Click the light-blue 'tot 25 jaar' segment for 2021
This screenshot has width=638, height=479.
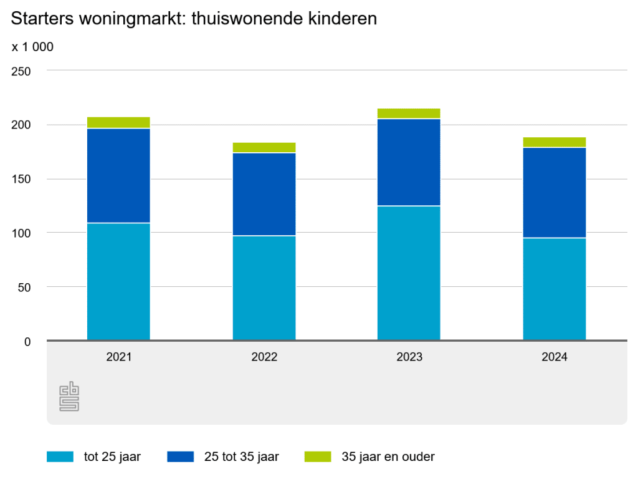pos(118,281)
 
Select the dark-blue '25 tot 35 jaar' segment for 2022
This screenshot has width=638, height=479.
pos(264,194)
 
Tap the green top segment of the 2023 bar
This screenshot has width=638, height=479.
pos(409,114)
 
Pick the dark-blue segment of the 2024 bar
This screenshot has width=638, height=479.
pos(554,192)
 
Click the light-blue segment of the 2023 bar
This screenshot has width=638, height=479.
pos(409,273)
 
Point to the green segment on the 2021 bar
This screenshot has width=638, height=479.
pos(118,122)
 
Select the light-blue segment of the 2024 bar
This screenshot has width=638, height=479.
pos(554,289)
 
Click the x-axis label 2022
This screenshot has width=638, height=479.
pos(264,357)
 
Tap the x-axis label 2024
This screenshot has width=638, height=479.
pos(554,357)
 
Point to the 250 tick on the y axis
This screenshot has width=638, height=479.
pos(21,71)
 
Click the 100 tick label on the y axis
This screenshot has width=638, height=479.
pos(21,233)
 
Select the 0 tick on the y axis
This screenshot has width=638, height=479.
pos(27,341)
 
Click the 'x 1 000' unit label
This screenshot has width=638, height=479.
pos(32,47)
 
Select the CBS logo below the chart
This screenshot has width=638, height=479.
pos(69,397)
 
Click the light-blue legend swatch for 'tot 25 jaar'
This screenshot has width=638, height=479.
pos(59,457)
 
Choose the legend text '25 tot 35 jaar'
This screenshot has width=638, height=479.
pos(241,457)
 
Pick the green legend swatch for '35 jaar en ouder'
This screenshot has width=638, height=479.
pos(318,457)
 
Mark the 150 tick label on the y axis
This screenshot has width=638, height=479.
pos(21,179)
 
